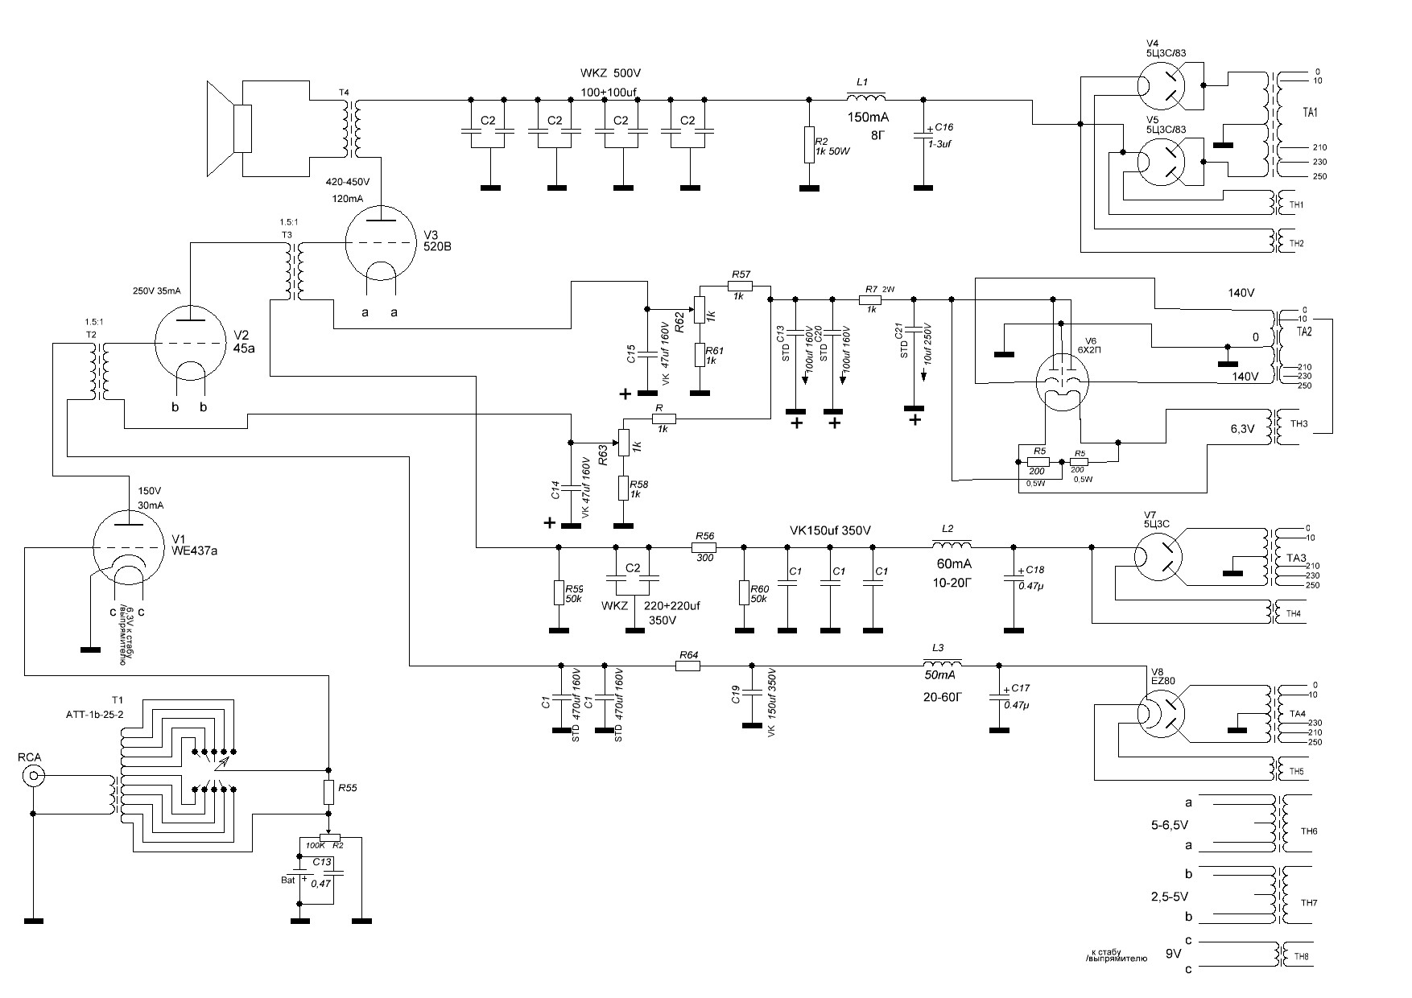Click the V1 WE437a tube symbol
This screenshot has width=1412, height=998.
[x=129, y=547]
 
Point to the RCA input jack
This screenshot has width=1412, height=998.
[x=33, y=777]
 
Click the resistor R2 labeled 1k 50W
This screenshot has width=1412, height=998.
[x=810, y=145]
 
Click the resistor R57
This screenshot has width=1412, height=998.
[x=741, y=285]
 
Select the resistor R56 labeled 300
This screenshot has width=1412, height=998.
[x=705, y=547]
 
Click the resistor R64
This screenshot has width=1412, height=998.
[x=687, y=666]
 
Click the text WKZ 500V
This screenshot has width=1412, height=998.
[x=610, y=73]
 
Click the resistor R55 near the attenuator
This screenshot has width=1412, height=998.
[x=328, y=793]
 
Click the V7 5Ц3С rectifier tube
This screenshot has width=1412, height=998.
[x=1161, y=557]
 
